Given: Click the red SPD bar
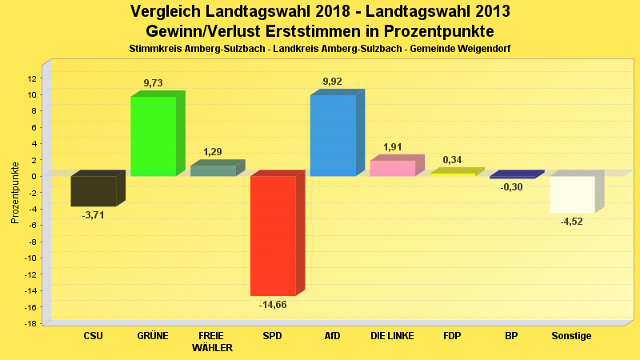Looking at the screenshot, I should pyautogui.click(x=273, y=235).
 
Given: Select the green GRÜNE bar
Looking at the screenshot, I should pyautogui.click(x=153, y=135).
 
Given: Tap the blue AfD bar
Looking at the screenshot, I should pyautogui.click(x=333, y=135).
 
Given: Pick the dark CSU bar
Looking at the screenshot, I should pyautogui.click(x=93, y=191).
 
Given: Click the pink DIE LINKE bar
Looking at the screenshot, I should pyautogui.click(x=392, y=168).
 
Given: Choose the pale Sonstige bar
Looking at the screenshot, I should pyautogui.click(x=572, y=194).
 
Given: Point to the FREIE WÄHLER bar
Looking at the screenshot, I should pyautogui.click(x=213, y=170).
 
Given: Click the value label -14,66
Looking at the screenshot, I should pyautogui.click(x=273, y=305).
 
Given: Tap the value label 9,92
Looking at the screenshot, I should pyautogui.click(x=333, y=82).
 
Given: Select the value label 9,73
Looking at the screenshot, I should pyautogui.click(x=153, y=83).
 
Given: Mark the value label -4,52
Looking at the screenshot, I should pyautogui.click(x=572, y=222).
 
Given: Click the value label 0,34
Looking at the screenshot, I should pyautogui.click(x=452, y=160).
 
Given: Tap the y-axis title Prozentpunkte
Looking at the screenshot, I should pyautogui.click(x=15, y=193).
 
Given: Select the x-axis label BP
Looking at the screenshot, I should pyautogui.click(x=512, y=336).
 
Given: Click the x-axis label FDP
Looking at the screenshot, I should pyautogui.click(x=452, y=336).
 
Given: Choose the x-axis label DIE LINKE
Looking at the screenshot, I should pyautogui.click(x=392, y=336).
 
